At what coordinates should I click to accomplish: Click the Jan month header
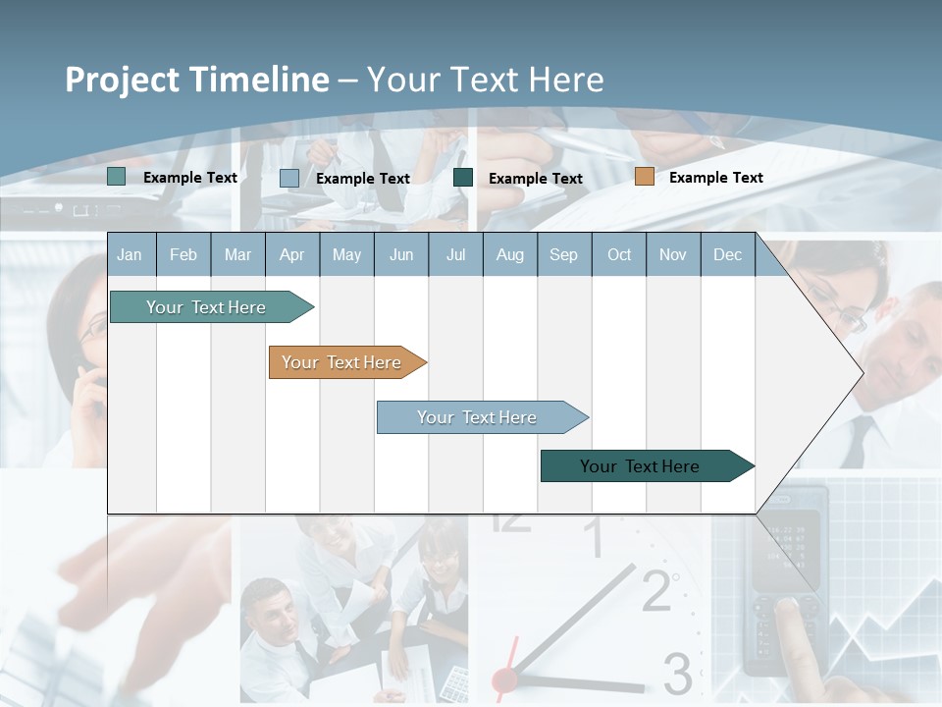coord(130,254)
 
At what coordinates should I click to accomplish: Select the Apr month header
coord(291,254)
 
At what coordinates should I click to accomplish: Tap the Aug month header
coord(509,254)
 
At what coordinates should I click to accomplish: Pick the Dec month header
coord(727,254)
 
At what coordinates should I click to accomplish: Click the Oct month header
coord(619,254)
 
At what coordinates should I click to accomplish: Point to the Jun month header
coord(401,254)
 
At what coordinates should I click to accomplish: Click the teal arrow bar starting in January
coord(206,307)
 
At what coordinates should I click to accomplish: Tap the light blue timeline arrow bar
coord(477,417)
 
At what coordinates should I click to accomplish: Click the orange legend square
coord(644,177)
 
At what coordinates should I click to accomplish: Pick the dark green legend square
coord(463,178)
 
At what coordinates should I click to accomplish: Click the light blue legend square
coord(289,178)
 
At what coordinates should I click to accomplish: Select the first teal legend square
coord(117,177)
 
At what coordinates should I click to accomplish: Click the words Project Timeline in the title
coord(196,80)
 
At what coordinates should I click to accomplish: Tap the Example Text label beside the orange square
coord(715,177)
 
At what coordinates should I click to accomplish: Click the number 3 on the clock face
coord(677,674)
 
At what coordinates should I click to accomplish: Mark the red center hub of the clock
coord(504,679)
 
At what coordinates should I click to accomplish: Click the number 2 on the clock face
coord(657,589)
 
